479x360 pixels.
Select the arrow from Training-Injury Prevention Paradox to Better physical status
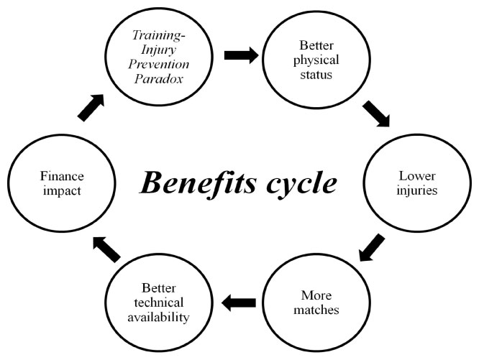(x=240, y=55)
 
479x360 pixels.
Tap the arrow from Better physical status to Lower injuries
(x=376, y=114)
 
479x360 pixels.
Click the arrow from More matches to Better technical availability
(x=239, y=304)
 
